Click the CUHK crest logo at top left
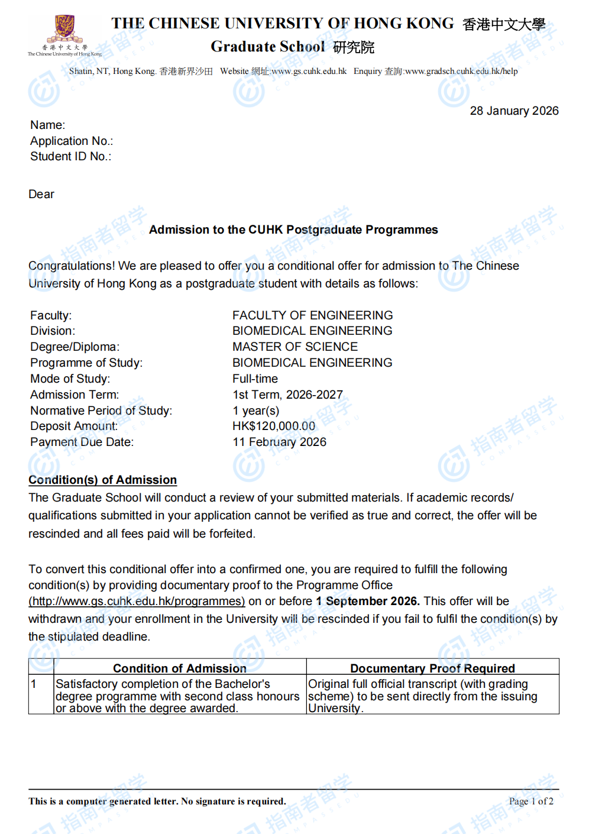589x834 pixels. pyautogui.click(x=64, y=30)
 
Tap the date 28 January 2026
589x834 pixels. pyautogui.click(x=514, y=111)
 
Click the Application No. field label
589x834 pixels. pyautogui.click(x=72, y=141)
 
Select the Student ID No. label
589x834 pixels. pyautogui.click(x=70, y=156)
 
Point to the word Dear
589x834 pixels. pyautogui.click(x=41, y=194)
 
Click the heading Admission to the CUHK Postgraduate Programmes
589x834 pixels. pyautogui.click(x=293, y=229)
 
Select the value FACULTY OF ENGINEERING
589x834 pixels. pyautogui.click(x=312, y=315)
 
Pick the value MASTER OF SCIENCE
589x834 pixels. pyautogui.click(x=295, y=347)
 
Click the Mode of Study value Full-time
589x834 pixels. pyautogui.click(x=255, y=379)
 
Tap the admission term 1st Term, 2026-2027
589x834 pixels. pyautogui.click(x=287, y=395)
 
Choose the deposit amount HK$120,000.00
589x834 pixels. pyautogui.click(x=274, y=426)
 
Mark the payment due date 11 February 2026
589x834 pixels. pyautogui.click(x=279, y=442)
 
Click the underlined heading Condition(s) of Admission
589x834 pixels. pyautogui.click(x=103, y=480)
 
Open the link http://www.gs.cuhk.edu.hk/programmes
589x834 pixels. pyautogui.click(x=137, y=601)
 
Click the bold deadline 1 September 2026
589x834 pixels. pyautogui.click(x=367, y=601)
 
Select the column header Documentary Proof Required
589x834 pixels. pyautogui.click(x=432, y=668)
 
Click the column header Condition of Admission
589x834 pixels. pyautogui.click(x=180, y=668)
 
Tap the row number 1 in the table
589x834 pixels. pyautogui.click(x=34, y=684)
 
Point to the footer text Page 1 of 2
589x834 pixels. pyautogui.click(x=531, y=801)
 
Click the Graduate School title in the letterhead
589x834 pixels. pyautogui.click(x=268, y=47)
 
